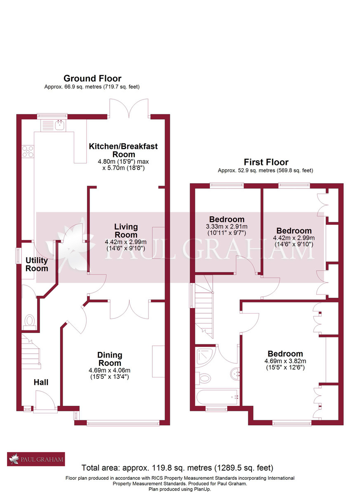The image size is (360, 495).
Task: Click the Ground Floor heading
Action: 92,78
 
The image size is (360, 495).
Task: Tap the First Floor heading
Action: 266,162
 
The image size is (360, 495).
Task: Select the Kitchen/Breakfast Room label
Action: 123,150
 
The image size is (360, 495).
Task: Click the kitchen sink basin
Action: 60,125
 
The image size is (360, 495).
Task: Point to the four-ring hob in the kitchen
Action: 28,152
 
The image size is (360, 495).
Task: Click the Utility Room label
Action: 37,264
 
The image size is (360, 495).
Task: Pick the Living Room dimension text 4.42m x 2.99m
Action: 126,242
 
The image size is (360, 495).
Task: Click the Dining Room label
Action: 110,359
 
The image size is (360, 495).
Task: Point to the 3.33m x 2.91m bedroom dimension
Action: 227,226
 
